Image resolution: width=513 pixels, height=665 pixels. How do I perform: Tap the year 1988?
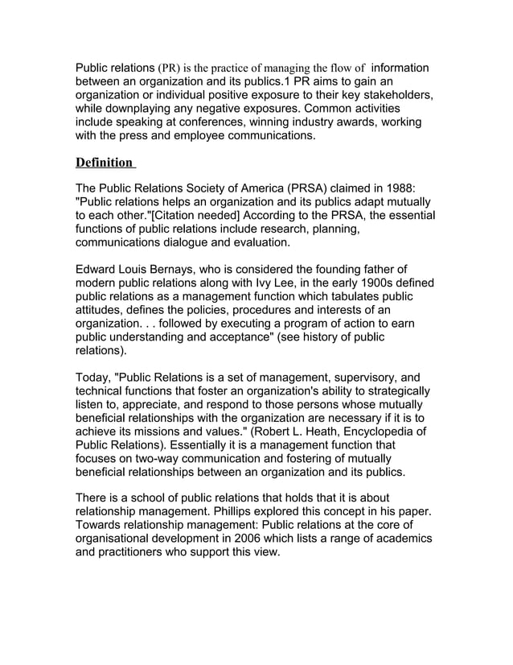coord(396,188)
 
